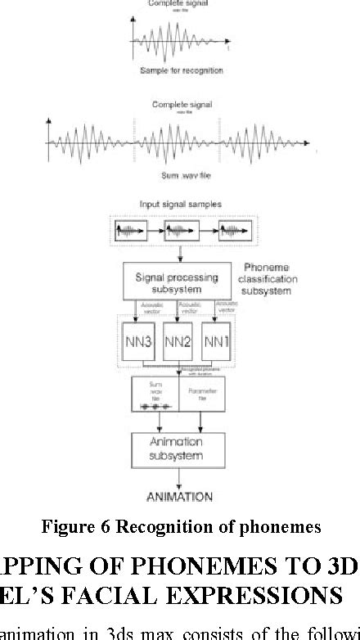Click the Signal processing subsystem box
click(177, 283)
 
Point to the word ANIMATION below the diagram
click(178, 496)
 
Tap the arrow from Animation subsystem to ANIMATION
click(178, 476)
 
